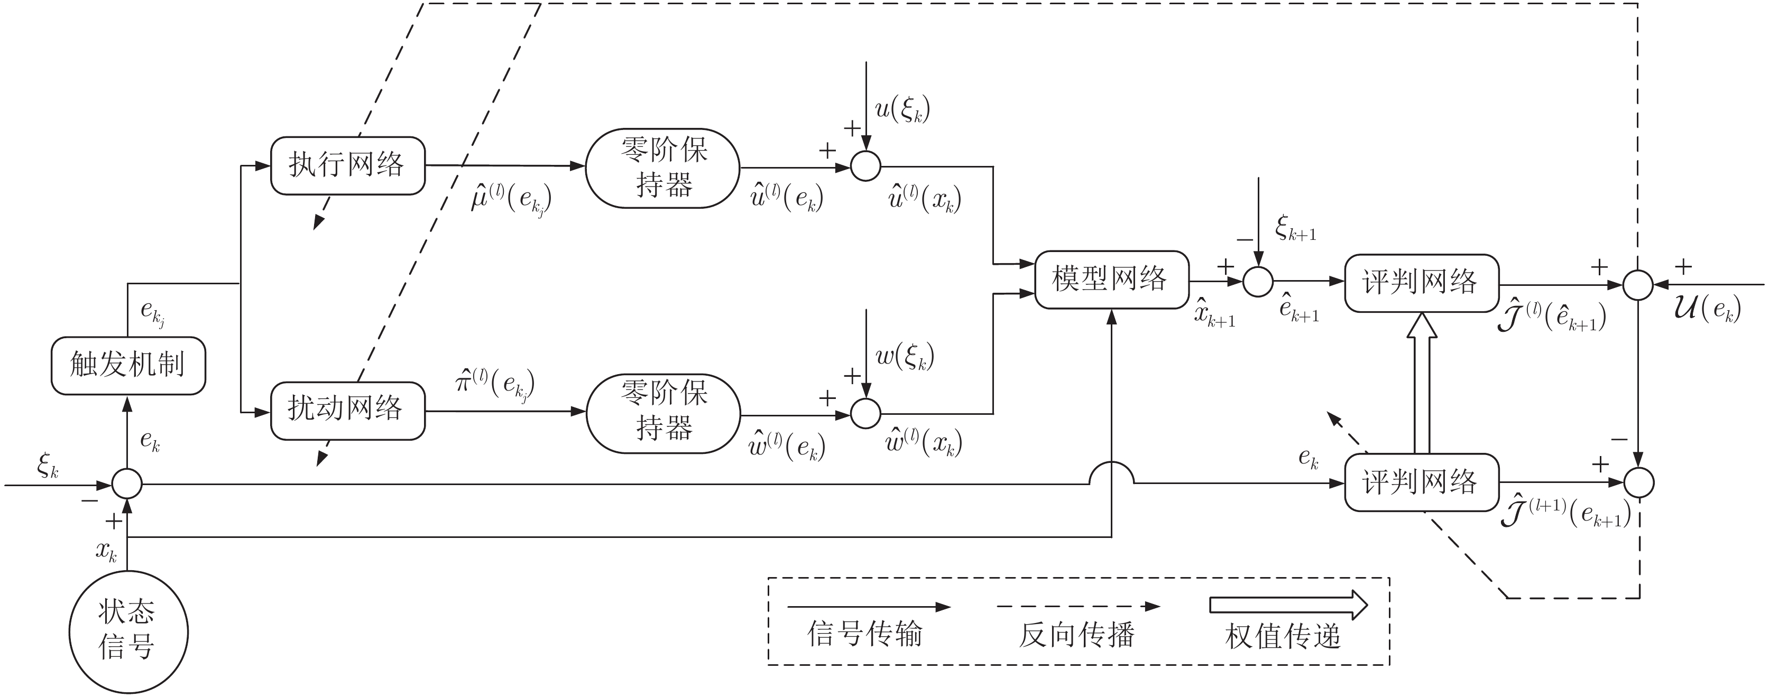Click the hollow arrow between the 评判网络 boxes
pyautogui.click(x=1422, y=383)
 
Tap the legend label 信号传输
pyautogui.click(x=864, y=634)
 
